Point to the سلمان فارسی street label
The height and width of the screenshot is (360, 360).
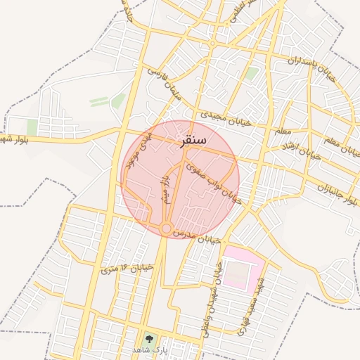point(164,83)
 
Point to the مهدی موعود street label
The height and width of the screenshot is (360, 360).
point(143,155)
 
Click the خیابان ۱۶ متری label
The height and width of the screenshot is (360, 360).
point(127,268)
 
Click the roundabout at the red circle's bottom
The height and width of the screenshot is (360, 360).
point(165,229)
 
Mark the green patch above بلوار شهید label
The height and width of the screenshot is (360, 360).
point(32,127)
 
